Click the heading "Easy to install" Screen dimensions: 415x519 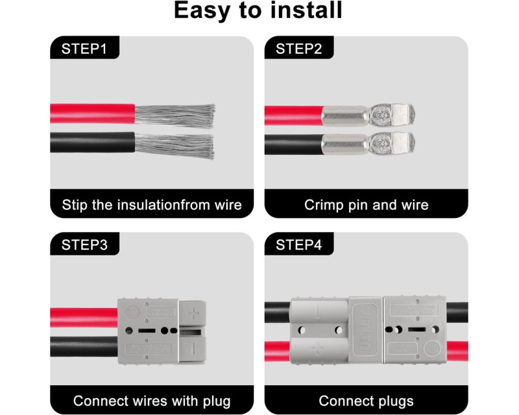[x=259, y=11]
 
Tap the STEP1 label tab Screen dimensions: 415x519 [x=84, y=48]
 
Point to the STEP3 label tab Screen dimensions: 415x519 [x=84, y=244]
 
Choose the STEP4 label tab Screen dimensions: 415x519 [x=298, y=244]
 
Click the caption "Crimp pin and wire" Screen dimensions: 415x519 [x=367, y=205]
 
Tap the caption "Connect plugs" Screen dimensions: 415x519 [x=367, y=401]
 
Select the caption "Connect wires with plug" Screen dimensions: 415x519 [x=152, y=401]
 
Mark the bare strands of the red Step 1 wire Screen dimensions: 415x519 [x=174, y=114]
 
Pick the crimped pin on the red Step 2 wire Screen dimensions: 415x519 [x=367, y=116]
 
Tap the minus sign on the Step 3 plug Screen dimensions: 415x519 [x=193, y=346]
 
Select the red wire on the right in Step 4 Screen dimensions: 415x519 [x=457, y=351]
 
